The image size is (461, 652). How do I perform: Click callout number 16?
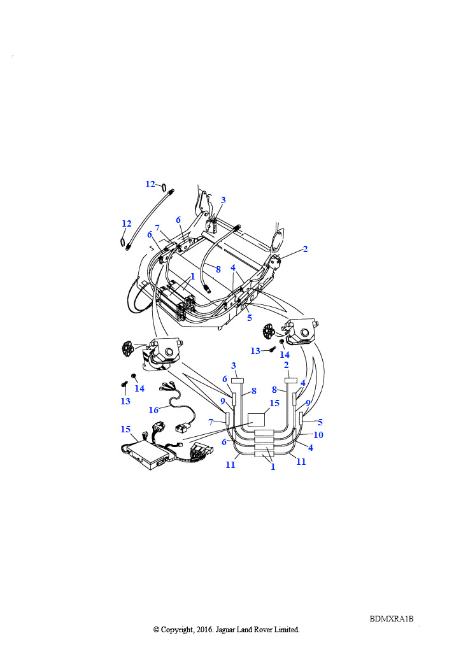pos(153,410)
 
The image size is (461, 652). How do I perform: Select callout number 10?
pos(318,434)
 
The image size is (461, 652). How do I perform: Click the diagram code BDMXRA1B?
pos(391,618)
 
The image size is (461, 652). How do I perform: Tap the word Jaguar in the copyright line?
pos(225,630)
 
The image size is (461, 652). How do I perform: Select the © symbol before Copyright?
pos(156,630)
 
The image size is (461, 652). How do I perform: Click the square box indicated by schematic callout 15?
pos(256,420)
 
